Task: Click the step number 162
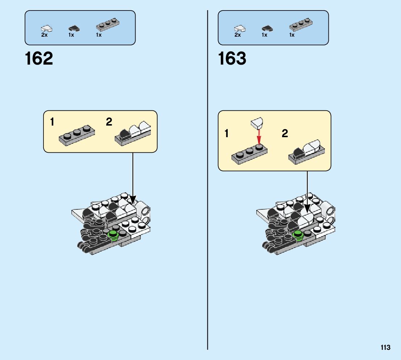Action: [39, 58]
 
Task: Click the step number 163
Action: [232, 58]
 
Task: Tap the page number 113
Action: [385, 348]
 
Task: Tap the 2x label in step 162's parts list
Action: [45, 35]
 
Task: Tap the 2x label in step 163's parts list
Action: [238, 35]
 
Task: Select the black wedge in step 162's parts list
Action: [74, 28]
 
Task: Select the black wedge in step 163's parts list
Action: [267, 28]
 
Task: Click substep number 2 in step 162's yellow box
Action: [109, 122]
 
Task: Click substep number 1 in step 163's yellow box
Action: [227, 134]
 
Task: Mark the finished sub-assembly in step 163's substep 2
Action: [307, 152]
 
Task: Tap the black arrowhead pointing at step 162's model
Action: [133, 200]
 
